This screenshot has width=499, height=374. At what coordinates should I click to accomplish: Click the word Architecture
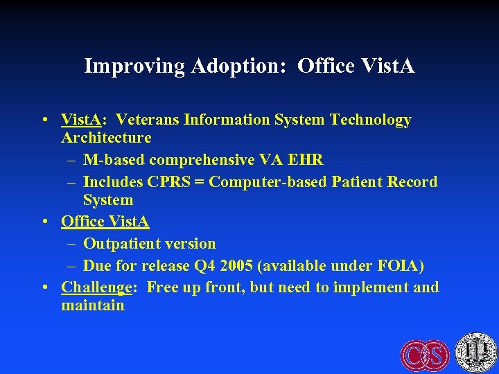106,138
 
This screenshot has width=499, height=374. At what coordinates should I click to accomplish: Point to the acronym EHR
306,160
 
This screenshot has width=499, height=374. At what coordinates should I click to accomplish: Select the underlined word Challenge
96,287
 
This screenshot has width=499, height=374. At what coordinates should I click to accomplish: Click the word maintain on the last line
93,305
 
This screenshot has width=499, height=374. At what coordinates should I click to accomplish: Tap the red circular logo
425,355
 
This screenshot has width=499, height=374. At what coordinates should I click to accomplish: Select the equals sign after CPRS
200,183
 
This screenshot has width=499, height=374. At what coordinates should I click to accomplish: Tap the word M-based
114,160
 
